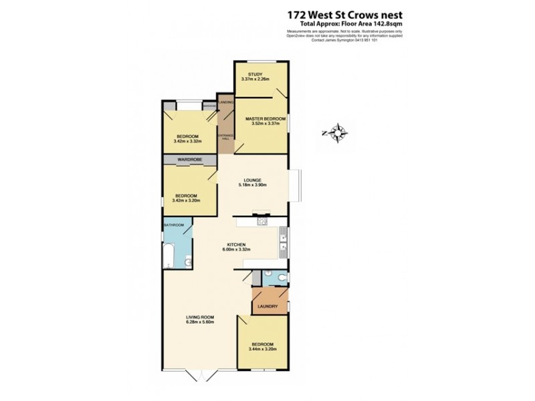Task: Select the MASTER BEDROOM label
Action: click(x=261, y=119)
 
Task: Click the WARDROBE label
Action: click(x=190, y=160)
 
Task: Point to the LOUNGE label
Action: click(x=251, y=180)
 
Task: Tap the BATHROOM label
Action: click(x=174, y=225)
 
